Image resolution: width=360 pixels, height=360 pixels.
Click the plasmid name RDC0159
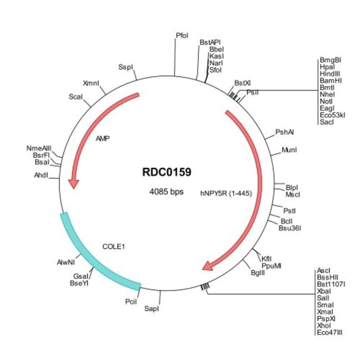(x=167, y=172)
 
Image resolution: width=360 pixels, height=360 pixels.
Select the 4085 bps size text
(x=167, y=192)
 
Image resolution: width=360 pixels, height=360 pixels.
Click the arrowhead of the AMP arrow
(x=74, y=184)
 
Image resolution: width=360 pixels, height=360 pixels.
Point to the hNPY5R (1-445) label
(x=226, y=193)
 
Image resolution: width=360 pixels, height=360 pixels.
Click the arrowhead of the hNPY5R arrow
(x=208, y=266)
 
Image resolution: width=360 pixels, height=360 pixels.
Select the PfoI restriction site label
(x=182, y=35)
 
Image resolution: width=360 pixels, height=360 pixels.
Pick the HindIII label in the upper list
(x=330, y=74)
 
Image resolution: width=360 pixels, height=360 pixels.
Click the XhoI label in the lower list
(x=324, y=326)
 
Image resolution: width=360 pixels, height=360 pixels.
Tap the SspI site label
(x=126, y=67)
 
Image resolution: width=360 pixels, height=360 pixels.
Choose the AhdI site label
(x=41, y=176)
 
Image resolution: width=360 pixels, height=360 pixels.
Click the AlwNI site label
(x=66, y=262)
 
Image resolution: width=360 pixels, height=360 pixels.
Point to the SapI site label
(x=152, y=308)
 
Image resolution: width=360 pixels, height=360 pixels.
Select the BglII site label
(x=258, y=272)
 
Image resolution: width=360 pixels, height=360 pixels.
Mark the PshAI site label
(x=285, y=132)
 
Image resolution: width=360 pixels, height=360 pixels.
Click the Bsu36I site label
(x=290, y=228)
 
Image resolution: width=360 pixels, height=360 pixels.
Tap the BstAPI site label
(x=210, y=43)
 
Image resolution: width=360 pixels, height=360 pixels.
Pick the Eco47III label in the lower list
(x=330, y=332)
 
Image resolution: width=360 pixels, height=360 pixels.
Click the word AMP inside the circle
(x=102, y=138)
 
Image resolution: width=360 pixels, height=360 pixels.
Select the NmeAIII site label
(x=39, y=148)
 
